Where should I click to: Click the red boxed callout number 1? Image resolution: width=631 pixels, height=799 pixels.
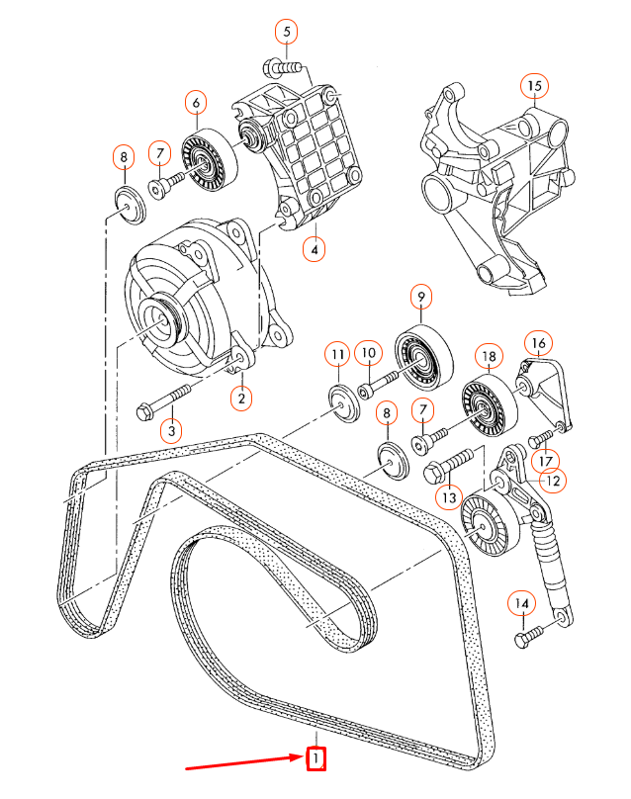click(315, 759)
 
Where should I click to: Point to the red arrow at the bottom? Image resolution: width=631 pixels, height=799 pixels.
click(242, 763)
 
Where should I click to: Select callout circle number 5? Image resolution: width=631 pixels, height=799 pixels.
click(287, 32)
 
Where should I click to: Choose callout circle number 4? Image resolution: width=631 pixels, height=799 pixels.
click(314, 249)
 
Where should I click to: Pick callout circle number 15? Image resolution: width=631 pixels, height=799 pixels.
click(534, 86)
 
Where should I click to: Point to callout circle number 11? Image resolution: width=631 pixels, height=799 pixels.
click(338, 354)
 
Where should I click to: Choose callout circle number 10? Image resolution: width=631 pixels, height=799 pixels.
click(369, 352)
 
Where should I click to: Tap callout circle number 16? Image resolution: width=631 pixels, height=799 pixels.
click(537, 344)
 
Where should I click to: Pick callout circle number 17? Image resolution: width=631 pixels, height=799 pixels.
click(547, 460)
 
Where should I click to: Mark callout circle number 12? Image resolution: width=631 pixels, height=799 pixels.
click(552, 482)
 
